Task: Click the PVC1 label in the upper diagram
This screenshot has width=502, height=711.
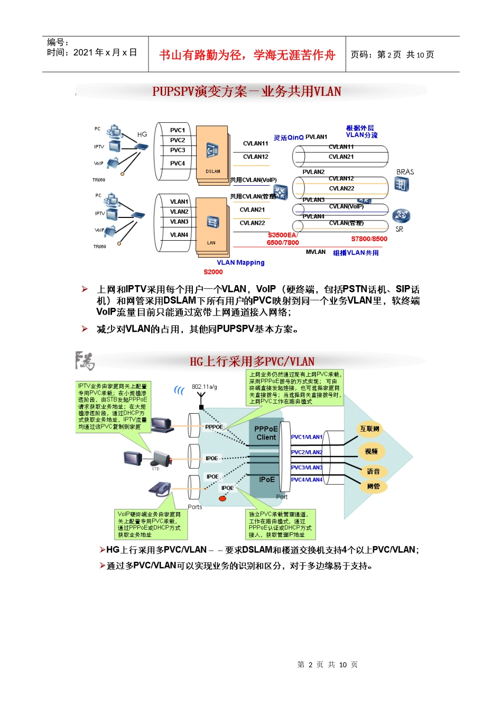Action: [178, 130]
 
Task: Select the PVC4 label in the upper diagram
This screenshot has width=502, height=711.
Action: [178, 163]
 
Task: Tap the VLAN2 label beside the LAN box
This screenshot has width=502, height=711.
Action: [179, 212]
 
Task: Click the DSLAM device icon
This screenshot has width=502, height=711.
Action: [212, 151]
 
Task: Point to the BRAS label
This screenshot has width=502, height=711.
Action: [405, 172]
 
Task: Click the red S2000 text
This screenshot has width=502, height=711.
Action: [213, 272]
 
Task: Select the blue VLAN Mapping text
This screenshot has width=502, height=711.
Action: [240, 262]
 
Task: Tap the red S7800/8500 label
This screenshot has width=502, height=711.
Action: [369, 239]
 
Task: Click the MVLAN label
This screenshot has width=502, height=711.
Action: [315, 252]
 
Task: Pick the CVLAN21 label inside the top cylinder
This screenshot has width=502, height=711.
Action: [341, 157]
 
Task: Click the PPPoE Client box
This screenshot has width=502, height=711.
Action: [266, 433]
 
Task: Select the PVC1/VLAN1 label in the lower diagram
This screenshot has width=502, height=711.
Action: [306, 437]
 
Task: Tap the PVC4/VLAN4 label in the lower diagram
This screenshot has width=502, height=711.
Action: [306, 480]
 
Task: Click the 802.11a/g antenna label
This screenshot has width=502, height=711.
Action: [204, 387]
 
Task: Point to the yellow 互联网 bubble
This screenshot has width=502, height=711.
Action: [369, 429]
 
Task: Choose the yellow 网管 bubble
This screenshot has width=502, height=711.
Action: [373, 486]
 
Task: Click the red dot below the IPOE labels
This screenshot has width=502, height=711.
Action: [222, 498]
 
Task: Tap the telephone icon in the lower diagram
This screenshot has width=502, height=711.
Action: [160, 489]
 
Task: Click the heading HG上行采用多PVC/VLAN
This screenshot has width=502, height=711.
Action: [252, 362]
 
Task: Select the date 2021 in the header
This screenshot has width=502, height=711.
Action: [83, 52]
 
